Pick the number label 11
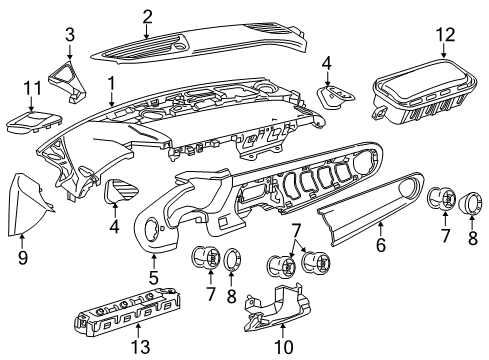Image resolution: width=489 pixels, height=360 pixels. point(32,89)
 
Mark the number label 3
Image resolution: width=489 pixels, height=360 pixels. point(69,37)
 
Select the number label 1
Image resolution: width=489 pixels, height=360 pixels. point(113,84)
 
